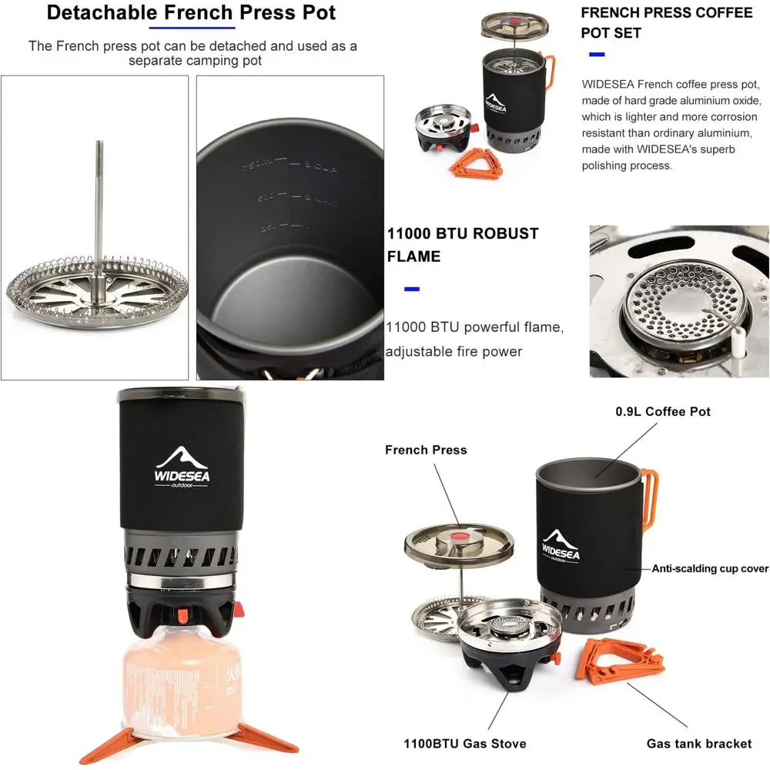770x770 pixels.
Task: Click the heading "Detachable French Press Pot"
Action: point(192,13)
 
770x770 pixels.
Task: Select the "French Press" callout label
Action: point(426,450)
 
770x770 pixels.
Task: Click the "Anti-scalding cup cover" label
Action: point(710,569)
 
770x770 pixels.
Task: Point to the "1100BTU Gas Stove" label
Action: point(465,743)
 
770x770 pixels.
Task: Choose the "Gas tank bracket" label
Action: point(698,743)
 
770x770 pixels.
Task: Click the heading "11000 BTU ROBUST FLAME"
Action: point(462,245)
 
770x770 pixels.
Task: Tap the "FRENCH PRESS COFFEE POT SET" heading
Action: point(666,22)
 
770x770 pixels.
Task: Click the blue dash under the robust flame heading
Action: point(412,290)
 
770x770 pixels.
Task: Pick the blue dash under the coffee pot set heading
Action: point(596,55)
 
